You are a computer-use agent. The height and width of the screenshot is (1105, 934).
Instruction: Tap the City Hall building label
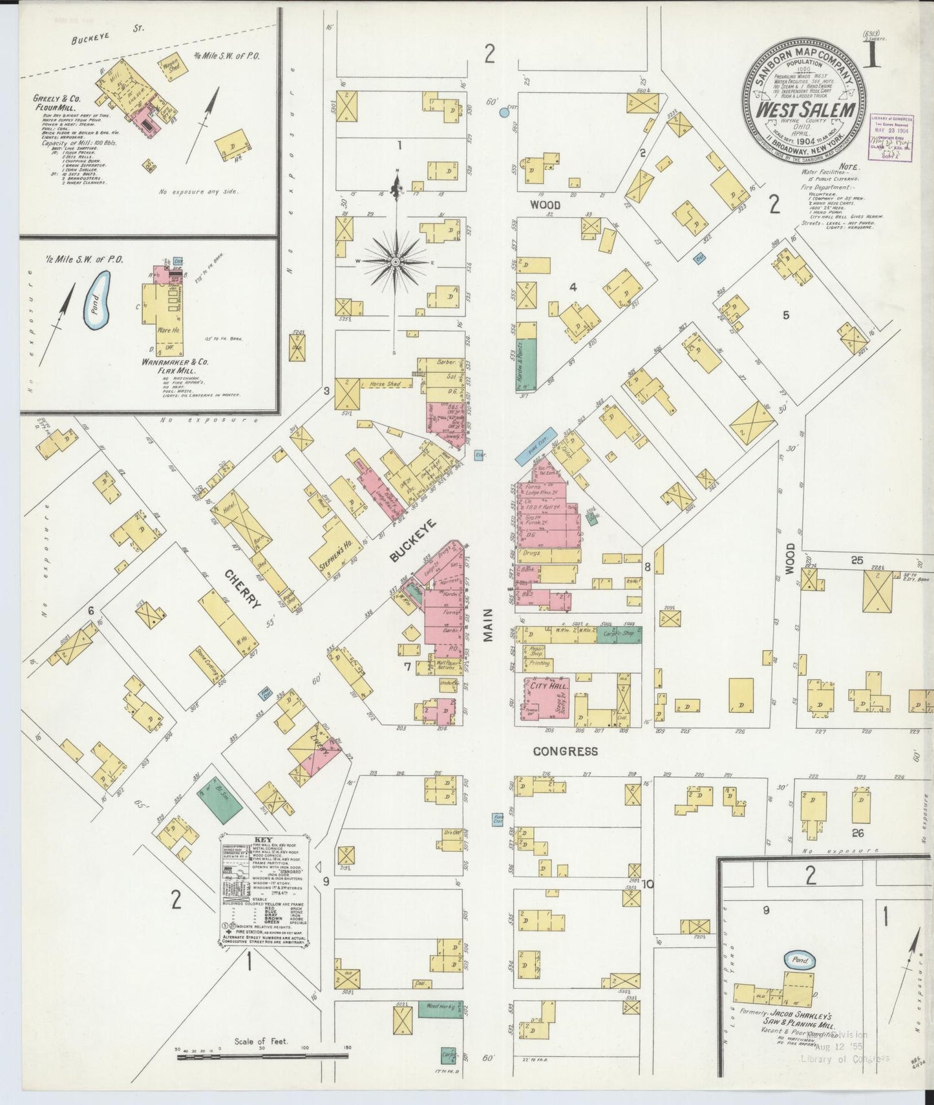(x=548, y=686)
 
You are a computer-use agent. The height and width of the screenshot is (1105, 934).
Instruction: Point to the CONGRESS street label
(x=566, y=752)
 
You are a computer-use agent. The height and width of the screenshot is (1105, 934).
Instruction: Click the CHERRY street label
(x=244, y=589)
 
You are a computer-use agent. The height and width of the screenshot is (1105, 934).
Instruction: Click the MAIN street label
(x=488, y=625)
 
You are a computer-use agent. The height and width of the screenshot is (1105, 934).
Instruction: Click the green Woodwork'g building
(x=441, y=1006)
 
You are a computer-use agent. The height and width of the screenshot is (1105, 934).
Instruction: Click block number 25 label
(x=857, y=560)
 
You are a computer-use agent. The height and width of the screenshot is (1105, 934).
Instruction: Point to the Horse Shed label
(x=385, y=384)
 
